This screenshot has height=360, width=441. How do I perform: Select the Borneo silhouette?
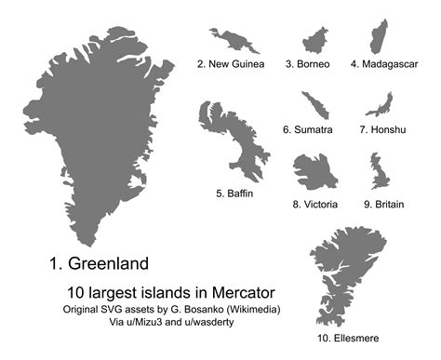pos(314,40)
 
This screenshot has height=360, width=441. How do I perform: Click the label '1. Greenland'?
pos(98,262)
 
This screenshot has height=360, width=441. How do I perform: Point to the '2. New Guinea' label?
pos(231,64)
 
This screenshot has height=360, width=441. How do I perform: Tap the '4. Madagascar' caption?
pos(384,64)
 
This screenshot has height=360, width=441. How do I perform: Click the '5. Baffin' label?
pos(234,193)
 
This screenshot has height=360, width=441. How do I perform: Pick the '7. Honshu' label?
pos(381,129)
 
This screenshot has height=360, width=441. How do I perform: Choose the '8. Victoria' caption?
pos(314,204)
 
